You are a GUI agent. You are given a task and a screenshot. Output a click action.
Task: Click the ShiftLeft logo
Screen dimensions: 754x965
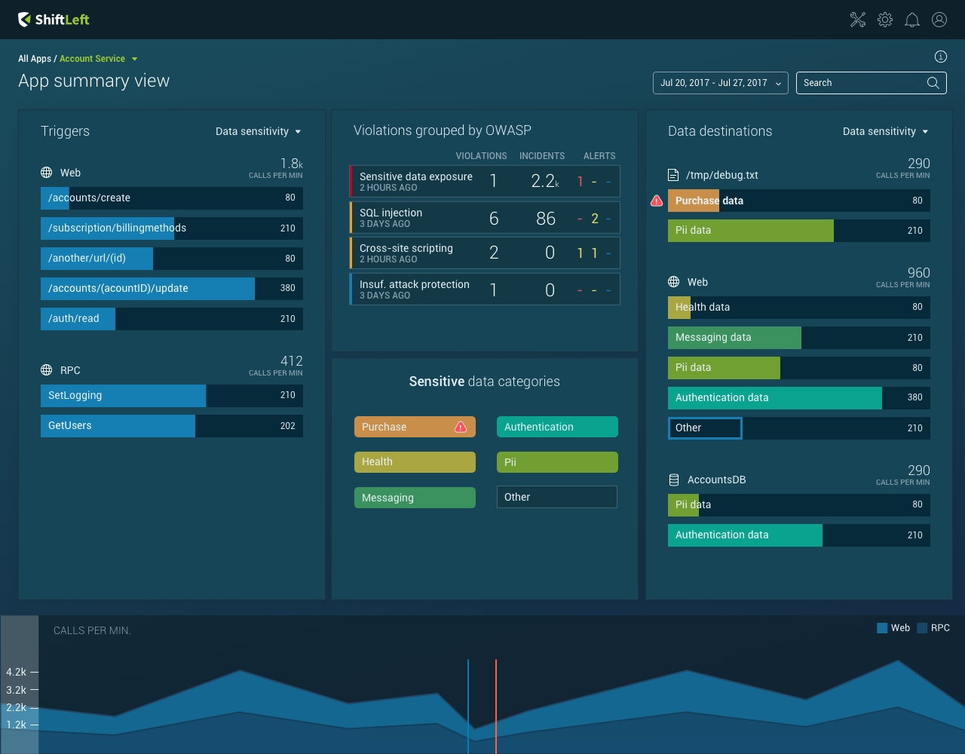54,20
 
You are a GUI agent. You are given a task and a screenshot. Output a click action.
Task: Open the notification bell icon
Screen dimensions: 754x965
912,20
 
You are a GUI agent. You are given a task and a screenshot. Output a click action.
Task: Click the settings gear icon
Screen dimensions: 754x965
885,20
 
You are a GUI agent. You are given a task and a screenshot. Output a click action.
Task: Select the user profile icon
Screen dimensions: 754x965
939,20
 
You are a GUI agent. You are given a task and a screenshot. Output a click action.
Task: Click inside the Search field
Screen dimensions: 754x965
859,83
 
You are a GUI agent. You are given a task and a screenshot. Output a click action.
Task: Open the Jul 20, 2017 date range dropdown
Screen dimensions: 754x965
720,83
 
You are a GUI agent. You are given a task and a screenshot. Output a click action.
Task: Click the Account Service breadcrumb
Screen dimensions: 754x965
93,59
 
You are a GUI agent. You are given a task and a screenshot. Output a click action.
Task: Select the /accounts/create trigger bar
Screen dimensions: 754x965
172,198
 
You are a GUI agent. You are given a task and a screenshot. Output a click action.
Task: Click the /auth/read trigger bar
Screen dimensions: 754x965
172,319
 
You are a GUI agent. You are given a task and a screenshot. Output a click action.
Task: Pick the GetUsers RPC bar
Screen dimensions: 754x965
172,426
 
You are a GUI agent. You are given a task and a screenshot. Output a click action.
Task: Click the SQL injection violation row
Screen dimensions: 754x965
485,218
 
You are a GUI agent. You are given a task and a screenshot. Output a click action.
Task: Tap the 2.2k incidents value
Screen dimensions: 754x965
545,181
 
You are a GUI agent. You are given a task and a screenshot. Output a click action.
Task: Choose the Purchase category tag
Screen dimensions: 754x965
415,427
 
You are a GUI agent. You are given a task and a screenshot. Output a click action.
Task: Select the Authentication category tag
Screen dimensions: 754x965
557,427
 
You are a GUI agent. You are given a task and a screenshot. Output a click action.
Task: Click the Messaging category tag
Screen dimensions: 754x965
415,498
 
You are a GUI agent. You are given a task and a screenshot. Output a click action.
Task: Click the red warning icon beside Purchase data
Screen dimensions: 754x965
657,201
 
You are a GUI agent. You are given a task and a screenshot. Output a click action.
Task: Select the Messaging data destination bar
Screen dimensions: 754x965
798,338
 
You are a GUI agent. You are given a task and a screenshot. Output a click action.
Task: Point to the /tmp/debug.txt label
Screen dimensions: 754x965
721,175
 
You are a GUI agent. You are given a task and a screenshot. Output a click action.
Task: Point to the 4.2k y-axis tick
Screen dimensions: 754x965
17,672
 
